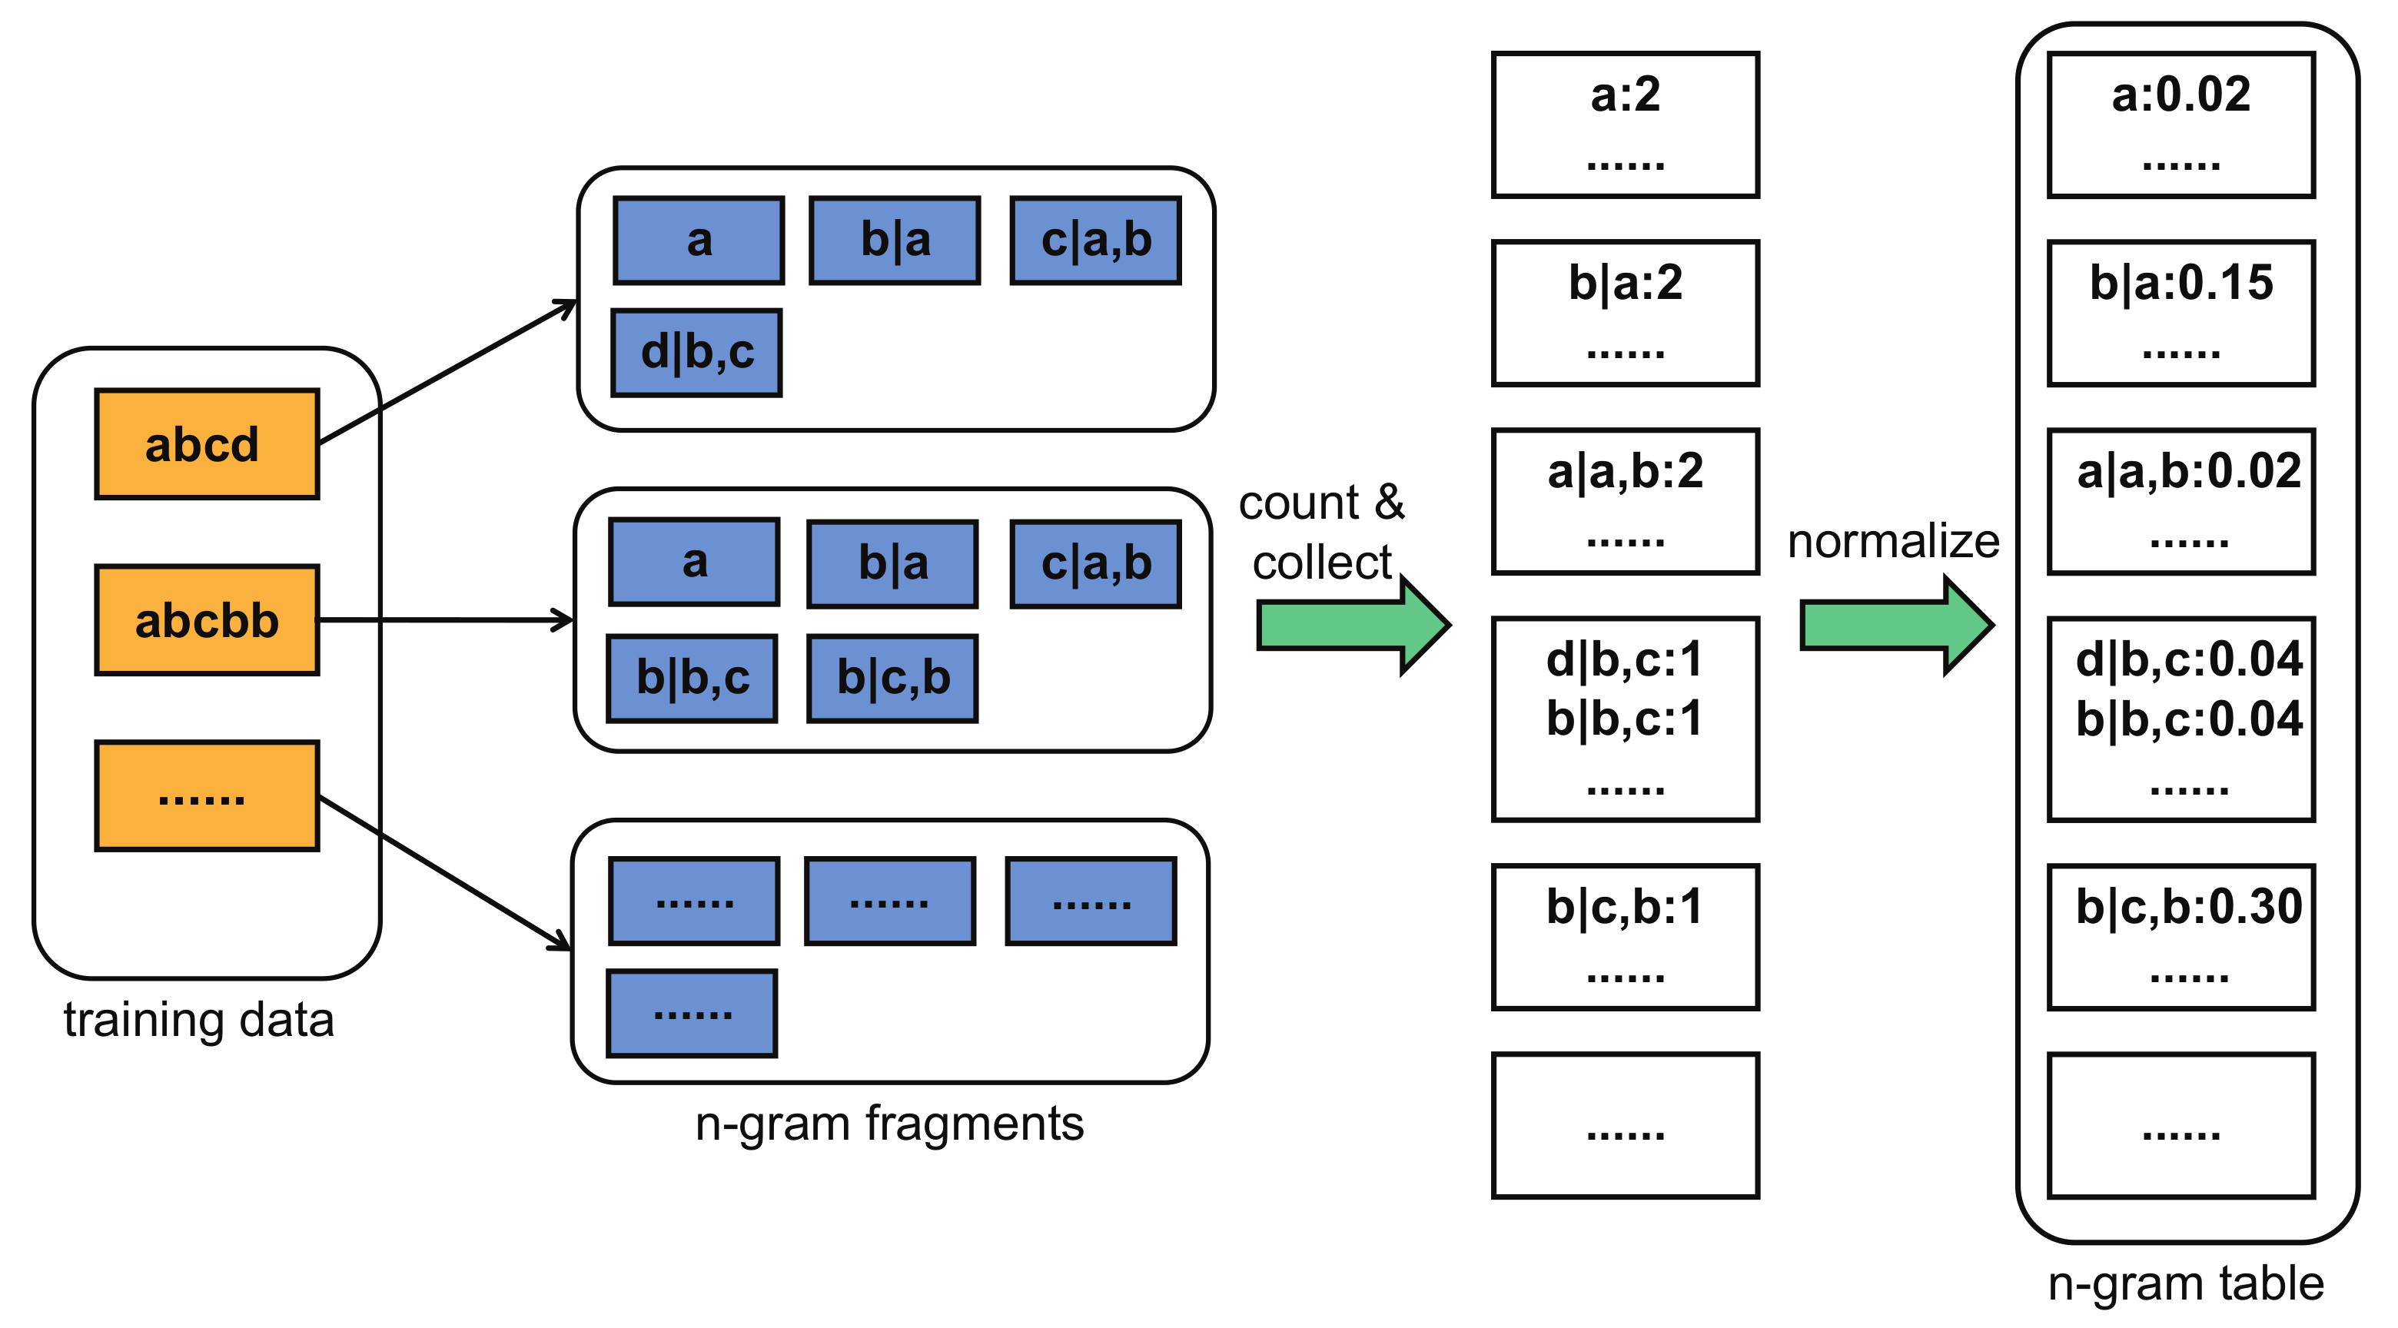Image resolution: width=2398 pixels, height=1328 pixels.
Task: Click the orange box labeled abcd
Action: (207, 444)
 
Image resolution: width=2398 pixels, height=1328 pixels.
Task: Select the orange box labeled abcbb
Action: (207, 619)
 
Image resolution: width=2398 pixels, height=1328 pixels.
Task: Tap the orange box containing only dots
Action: (207, 795)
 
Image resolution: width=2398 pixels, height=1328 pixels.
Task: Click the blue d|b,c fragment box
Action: (696, 353)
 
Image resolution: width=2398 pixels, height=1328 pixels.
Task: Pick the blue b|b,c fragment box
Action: (692, 679)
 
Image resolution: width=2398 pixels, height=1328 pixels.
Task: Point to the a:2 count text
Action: (1625, 95)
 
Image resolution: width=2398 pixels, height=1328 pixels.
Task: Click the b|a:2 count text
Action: (1625, 283)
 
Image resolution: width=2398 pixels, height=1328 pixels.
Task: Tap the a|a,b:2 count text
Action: (1625, 472)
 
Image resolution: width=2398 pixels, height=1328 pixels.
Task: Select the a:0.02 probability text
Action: (2180, 95)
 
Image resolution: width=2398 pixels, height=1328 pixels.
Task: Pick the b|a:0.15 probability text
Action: (2180, 283)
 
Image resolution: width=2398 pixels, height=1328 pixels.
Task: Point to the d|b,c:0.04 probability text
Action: (2187, 660)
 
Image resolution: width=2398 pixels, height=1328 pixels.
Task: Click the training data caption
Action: (198, 1020)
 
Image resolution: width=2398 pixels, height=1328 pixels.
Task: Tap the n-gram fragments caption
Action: (889, 1124)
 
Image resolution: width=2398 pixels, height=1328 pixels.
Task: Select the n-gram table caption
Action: (2186, 1283)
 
